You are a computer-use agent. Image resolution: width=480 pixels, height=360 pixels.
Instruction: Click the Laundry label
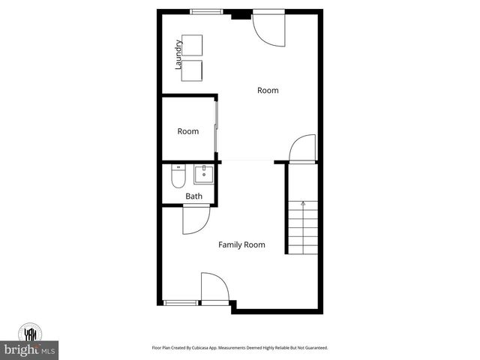pyautogui.click(x=178, y=54)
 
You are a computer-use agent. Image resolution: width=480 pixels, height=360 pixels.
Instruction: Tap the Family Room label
pyautogui.click(x=241, y=244)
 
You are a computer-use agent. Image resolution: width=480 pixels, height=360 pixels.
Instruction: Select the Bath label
pyautogui.click(x=193, y=196)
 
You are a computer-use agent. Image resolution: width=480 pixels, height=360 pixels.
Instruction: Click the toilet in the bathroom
pyautogui.click(x=178, y=178)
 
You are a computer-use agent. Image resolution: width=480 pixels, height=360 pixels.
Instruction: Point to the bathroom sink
pyautogui.click(x=203, y=175)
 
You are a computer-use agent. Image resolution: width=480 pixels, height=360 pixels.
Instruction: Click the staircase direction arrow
pyautogui.click(x=303, y=202)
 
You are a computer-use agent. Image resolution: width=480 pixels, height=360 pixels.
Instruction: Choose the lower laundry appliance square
pyautogui.click(x=191, y=70)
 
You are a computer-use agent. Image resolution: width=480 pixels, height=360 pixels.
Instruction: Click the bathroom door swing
pyautogui.click(x=195, y=220)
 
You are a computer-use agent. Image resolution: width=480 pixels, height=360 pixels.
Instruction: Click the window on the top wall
pyautogui.click(x=206, y=11)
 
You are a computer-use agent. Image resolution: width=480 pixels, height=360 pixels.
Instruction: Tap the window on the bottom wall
pyautogui.click(x=181, y=302)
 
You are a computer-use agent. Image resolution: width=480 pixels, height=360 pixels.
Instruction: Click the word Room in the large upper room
pyautogui.click(x=268, y=90)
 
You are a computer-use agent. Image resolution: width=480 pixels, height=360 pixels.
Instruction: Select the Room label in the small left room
pyautogui.click(x=188, y=131)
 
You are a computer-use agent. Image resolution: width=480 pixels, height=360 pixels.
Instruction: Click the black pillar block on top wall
pyautogui.click(x=241, y=13)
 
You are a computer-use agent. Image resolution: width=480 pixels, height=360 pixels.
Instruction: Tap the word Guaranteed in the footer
pyautogui.click(x=314, y=348)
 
